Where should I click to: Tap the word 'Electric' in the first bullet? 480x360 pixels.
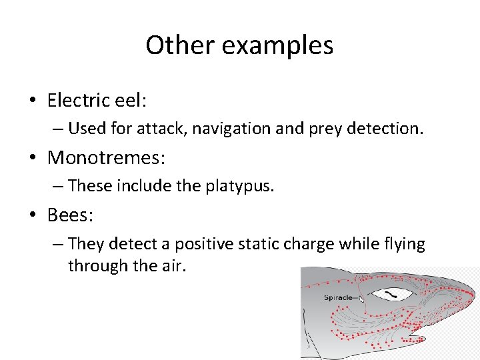coord(79,101)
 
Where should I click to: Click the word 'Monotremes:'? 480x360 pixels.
coord(107,159)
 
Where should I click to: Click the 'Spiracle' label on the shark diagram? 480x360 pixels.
coord(337,297)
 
